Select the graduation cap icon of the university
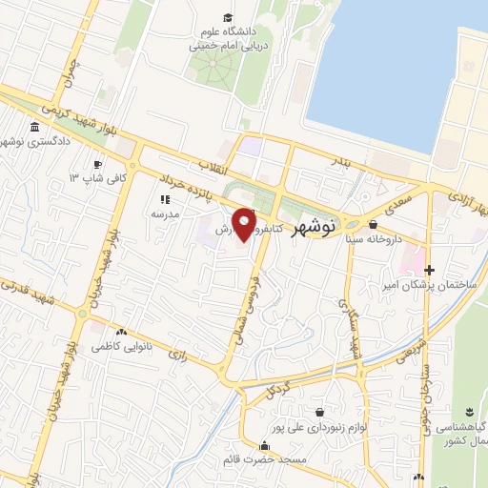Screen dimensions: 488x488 tap(227, 18)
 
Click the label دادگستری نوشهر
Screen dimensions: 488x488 tap(36, 142)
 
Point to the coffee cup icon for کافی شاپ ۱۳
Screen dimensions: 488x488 tap(71, 177)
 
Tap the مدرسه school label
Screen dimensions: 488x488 tap(164, 215)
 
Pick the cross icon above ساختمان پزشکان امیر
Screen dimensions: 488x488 tap(429, 271)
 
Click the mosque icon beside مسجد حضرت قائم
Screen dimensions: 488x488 tap(265, 445)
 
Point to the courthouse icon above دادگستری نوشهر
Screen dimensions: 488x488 tap(35, 128)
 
